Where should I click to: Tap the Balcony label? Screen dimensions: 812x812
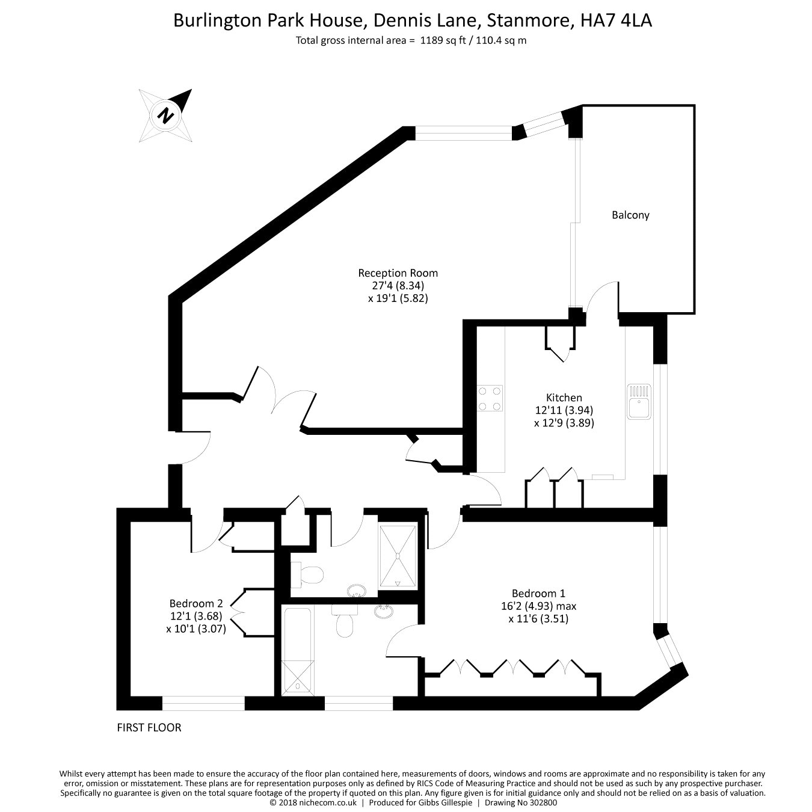(x=630, y=215)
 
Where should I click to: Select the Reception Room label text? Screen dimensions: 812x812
(x=398, y=272)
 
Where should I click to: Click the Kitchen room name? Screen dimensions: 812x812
(x=564, y=398)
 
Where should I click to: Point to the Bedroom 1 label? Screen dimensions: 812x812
(x=538, y=592)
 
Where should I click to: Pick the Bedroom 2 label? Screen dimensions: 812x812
(x=196, y=603)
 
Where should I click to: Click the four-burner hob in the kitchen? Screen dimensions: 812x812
(x=490, y=398)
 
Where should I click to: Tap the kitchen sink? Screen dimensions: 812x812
(x=638, y=401)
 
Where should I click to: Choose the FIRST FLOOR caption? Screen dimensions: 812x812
(x=149, y=727)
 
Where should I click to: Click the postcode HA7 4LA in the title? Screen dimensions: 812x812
(x=616, y=20)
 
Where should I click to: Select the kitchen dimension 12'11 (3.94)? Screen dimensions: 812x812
(x=564, y=410)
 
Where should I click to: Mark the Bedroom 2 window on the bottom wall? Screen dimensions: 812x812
(x=203, y=703)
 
